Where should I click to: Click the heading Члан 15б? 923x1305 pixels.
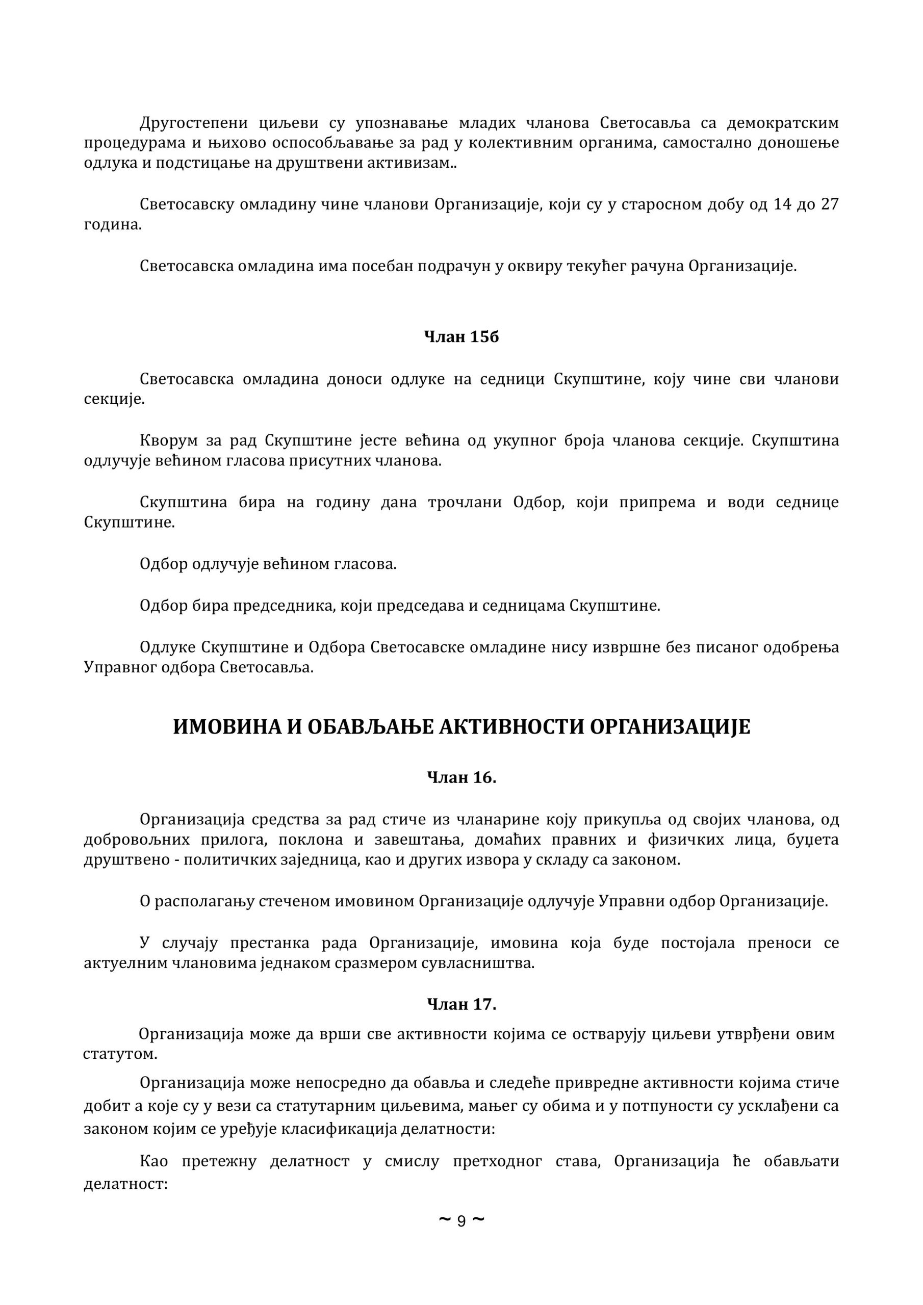[x=461, y=337]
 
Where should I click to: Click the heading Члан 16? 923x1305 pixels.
[x=461, y=777]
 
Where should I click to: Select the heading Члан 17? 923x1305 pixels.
[x=461, y=1004]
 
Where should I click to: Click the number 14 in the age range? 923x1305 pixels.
[x=783, y=204]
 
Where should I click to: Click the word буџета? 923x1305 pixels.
[x=816, y=840]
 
